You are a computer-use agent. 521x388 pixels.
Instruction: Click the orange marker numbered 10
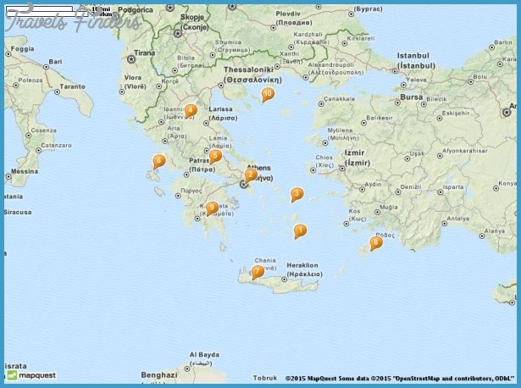coord(268,94)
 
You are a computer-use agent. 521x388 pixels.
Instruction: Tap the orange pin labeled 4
coord(191,109)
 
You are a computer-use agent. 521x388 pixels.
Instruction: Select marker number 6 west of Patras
coord(158,160)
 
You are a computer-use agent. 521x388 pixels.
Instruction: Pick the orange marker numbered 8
coord(376,242)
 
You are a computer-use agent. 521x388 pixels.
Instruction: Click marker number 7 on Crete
coord(258,272)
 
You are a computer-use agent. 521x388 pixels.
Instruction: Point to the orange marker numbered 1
coord(300,230)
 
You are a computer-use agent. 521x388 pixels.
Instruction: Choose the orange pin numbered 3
coord(297,193)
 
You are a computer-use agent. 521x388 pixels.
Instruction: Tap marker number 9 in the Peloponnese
coord(212,207)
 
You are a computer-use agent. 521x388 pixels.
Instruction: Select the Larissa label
coord(221,109)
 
